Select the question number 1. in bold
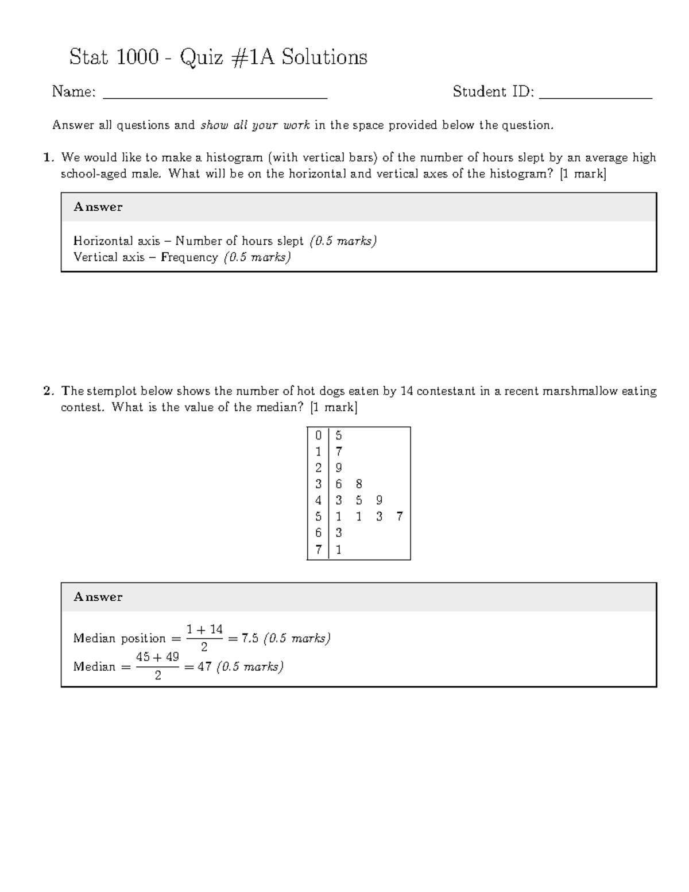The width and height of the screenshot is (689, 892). coord(49,157)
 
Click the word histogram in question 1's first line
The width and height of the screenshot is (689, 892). coord(235,157)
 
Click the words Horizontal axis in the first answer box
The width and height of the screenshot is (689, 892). coord(117,241)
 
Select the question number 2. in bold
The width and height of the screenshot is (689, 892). coord(49,391)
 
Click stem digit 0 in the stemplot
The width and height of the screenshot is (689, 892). coord(318,436)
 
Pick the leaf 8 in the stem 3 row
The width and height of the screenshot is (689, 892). coord(359,484)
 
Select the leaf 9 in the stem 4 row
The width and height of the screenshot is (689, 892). coord(379,500)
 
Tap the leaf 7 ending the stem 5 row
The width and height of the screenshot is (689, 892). coord(400,516)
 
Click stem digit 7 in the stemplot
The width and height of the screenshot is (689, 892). coord(318,550)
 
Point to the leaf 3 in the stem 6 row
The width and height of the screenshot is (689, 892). coord(338,533)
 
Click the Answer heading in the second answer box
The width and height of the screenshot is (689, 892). coord(98,597)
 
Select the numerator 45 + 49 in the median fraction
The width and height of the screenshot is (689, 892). coord(157,657)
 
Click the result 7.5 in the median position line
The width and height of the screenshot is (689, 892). coord(250,638)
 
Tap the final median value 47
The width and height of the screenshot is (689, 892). coord(204,667)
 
